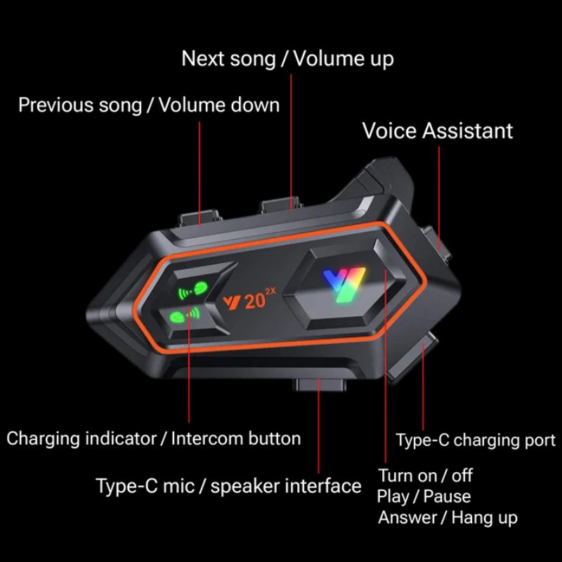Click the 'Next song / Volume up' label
pos(287,59)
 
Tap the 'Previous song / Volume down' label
pos(149,105)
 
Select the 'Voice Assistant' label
pos(438,131)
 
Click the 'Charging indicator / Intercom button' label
pos(153,438)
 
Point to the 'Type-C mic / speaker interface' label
pos(229,486)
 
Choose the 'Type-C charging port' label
pos(476,440)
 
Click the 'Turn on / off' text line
pos(426,476)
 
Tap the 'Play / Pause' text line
pos(424,497)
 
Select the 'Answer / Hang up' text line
pos(447,518)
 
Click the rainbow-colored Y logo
pos(344,285)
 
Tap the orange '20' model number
pos(255,302)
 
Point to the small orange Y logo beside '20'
pos(232,303)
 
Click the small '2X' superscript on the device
pos(270,292)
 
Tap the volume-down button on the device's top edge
pos(199,218)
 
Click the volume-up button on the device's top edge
pos(281,204)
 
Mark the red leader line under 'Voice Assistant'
pos(439,199)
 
